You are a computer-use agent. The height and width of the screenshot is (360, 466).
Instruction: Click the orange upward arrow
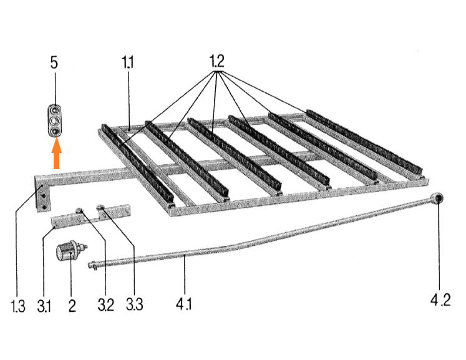(57, 154)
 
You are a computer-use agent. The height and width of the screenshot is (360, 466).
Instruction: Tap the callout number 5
(54, 62)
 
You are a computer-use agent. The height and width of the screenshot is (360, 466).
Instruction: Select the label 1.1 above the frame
(127, 62)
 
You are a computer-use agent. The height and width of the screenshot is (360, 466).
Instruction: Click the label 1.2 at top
(216, 62)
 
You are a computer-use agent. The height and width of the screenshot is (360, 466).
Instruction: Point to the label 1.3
(18, 306)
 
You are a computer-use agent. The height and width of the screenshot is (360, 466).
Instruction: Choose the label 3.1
(44, 306)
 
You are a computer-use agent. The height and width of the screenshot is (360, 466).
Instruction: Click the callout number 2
(72, 306)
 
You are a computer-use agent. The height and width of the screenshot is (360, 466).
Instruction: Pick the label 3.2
(105, 305)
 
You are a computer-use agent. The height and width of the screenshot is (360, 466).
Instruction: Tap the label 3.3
(134, 304)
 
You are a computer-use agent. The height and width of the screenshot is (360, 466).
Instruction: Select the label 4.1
(183, 304)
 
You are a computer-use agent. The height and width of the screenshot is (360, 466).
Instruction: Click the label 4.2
(440, 299)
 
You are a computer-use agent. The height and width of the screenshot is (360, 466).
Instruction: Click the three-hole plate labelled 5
(55, 120)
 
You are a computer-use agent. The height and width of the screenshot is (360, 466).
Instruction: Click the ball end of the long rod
(437, 198)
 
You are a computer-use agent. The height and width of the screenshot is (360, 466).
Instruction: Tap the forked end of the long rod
(92, 265)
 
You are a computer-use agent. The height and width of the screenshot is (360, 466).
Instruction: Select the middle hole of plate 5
(55, 120)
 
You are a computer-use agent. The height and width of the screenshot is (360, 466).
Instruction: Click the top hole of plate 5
(55, 110)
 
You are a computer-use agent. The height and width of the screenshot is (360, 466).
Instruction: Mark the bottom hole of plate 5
(55, 131)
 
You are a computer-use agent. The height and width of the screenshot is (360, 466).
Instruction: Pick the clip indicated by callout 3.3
(101, 208)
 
